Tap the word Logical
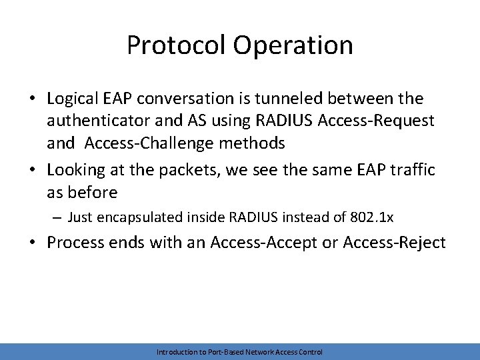pos(73,99)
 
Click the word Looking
pos(75,171)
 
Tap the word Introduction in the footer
pos(175,352)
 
